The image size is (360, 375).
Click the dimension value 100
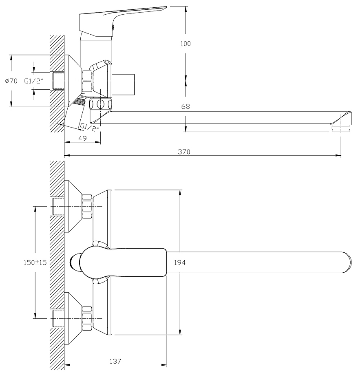coord(186,44)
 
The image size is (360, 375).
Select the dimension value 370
coord(185,152)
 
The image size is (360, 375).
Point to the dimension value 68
coord(186,107)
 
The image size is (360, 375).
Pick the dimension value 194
coord(180,263)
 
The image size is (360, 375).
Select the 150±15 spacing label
coord(35,263)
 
